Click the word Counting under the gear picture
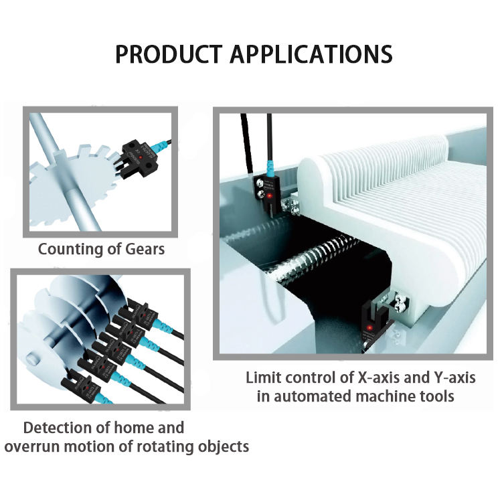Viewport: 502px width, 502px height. coord(72,250)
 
